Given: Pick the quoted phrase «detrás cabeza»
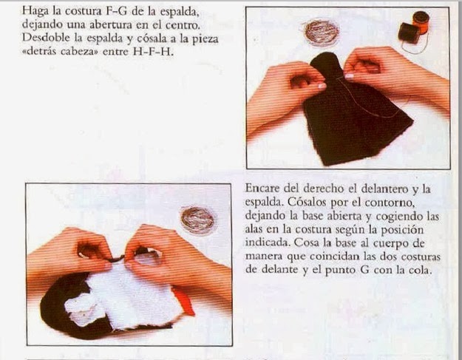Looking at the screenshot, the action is coord(60,52).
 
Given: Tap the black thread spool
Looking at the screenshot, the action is coord(409,33).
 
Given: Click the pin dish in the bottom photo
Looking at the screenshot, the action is coord(197,220).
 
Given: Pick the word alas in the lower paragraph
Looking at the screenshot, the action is coord(253,229).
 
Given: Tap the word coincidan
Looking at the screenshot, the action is coord(334,256).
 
